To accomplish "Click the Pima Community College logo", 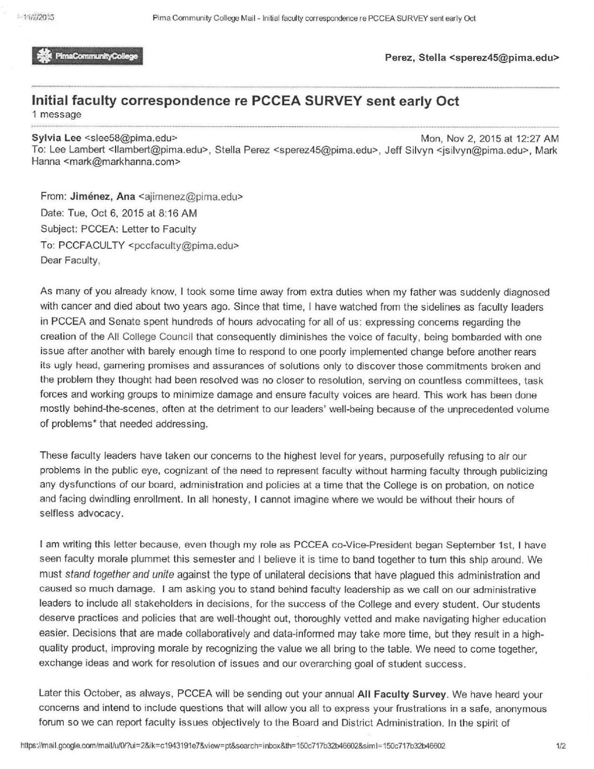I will pos(87,56).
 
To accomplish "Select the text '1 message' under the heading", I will pos(56,115).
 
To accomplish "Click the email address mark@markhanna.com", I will pos(122,161).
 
